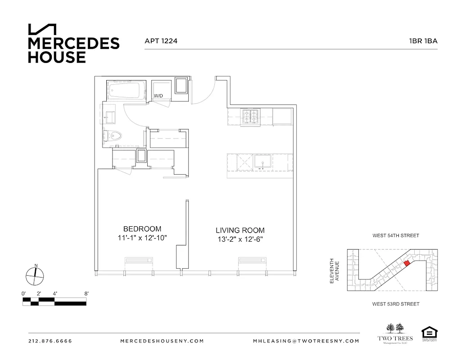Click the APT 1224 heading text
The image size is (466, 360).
161,40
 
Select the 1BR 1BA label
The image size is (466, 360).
423,40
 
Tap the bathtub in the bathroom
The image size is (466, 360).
127,91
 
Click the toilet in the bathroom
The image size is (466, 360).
113,135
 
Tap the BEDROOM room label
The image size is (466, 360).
142,229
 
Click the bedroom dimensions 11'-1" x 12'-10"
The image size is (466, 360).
142,238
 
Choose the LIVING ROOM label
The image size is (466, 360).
240,230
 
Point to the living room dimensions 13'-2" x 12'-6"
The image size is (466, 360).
240,240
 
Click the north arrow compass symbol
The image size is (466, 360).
34,275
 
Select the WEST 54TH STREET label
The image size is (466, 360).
396,236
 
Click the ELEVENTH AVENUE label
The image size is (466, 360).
333,270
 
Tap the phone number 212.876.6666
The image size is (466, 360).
50,341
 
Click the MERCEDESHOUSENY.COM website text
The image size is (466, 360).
163,341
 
